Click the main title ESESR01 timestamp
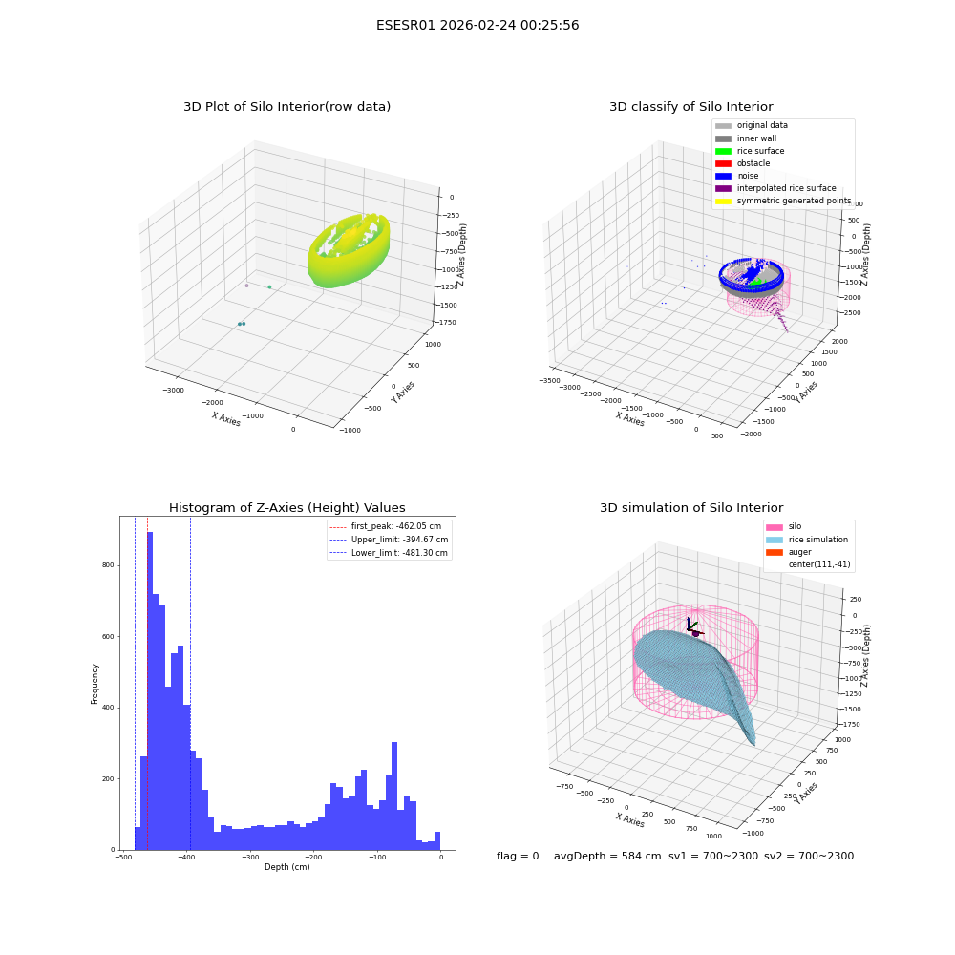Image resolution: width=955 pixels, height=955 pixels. tap(477, 26)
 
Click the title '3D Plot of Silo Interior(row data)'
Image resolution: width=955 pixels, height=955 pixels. tap(286, 107)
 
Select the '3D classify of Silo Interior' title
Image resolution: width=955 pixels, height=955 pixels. tap(691, 107)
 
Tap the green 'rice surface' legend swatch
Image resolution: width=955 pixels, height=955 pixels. tap(723, 151)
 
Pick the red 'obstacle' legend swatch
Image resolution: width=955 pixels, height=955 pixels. tap(723, 163)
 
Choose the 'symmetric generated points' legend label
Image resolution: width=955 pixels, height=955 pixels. tap(795, 201)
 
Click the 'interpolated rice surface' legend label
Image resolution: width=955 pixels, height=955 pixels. tap(786, 188)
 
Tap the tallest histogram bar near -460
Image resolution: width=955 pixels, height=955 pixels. tap(150, 690)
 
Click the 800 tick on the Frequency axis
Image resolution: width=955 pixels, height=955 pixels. tap(108, 565)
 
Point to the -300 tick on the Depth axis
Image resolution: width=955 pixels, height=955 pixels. tap(249, 857)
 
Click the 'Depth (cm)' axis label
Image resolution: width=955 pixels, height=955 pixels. tap(286, 867)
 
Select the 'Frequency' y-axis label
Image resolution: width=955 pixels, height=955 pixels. tap(95, 684)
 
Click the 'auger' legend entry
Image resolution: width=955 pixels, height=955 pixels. tap(799, 552)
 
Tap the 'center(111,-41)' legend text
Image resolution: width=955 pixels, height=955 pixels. tap(819, 564)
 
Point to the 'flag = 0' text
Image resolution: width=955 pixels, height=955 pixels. tap(518, 856)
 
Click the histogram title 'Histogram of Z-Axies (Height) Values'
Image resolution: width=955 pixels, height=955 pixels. tap(286, 508)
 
